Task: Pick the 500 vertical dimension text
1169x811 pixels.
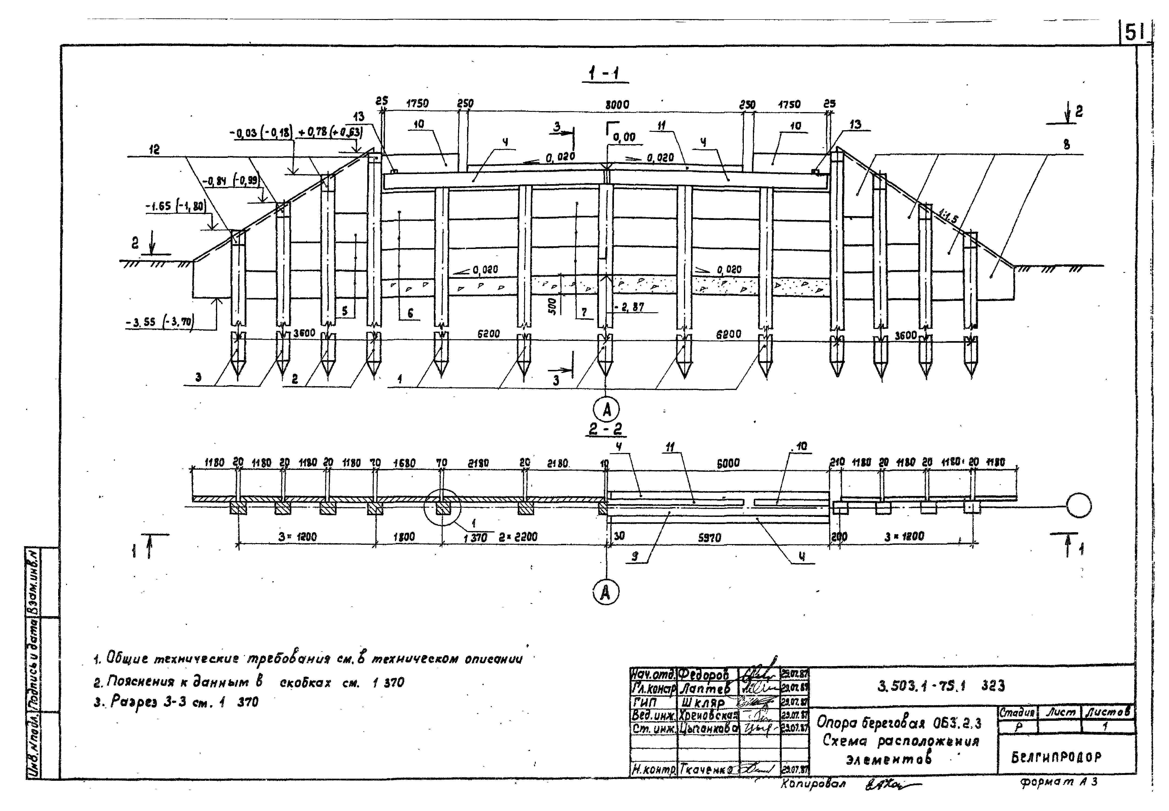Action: [x=553, y=306]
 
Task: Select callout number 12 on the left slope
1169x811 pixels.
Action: [x=154, y=150]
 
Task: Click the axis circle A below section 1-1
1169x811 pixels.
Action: [x=606, y=409]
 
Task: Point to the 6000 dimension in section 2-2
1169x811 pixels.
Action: [x=728, y=463]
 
